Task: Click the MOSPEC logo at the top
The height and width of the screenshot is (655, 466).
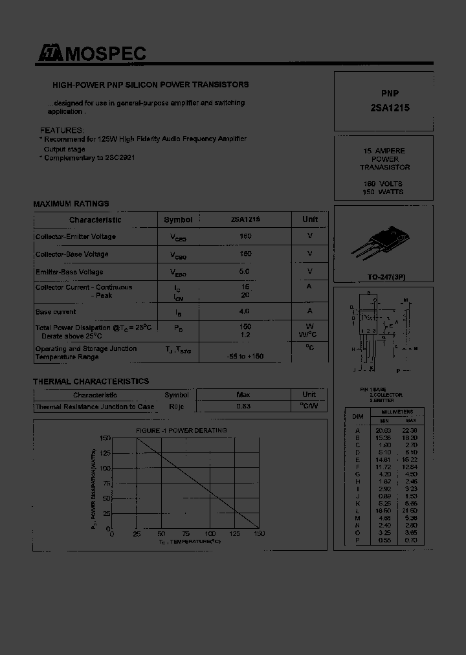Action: click(91, 54)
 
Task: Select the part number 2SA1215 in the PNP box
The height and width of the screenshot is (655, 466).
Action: click(385, 108)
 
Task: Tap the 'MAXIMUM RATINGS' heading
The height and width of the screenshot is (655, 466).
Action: click(71, 203)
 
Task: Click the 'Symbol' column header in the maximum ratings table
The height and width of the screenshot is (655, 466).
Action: click(178, 219)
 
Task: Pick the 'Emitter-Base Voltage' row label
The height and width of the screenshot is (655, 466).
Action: click(69, 272)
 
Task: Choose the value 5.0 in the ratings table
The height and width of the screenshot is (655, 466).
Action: click(245, 272)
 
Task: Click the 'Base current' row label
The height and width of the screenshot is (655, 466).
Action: click(56, 311)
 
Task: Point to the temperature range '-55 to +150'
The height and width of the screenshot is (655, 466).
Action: click(245, 357)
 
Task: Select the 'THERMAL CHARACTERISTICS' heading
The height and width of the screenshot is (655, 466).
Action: click(91, 381)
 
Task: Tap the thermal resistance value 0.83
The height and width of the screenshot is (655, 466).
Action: click(243, 406)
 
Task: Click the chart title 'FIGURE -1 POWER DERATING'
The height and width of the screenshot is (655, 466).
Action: click(181, 430)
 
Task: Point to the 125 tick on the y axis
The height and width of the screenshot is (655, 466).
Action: click(104, 453)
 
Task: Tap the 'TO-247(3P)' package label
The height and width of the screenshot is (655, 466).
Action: click(383, 276)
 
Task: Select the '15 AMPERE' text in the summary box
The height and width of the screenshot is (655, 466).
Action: click(384, 151)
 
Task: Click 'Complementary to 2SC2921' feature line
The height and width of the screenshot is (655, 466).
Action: click(89, 157)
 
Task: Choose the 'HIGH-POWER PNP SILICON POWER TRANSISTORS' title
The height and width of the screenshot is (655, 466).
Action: click(150, 85)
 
